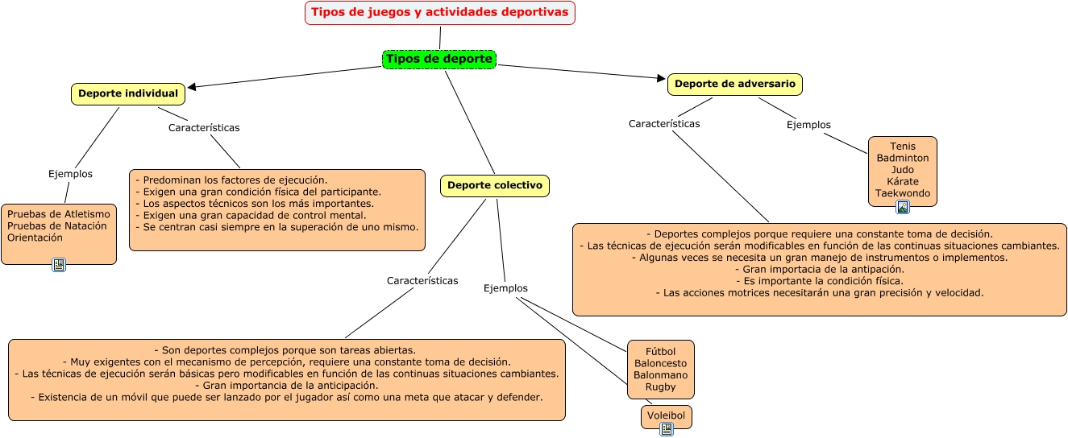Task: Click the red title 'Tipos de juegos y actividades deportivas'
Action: [440, 13]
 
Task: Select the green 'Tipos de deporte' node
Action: [438, 60]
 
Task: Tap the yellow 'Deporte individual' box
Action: [128, 94]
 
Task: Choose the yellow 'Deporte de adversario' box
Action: [734, 84]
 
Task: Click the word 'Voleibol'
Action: [666, 417]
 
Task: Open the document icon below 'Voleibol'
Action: [667, 429]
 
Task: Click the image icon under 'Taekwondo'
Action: [903, 207]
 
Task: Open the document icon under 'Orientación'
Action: [58, 265]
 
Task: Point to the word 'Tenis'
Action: [903, 147]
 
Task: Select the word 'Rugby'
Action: [660, 387]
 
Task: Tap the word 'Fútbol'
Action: [660, 351]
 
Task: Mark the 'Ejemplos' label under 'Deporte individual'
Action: [70, 174]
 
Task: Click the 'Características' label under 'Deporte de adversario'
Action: [664, 124]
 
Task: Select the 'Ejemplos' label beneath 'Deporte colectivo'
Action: [505, 288]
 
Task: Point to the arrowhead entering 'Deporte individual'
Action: [193, 86]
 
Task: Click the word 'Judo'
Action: [903, 170]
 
